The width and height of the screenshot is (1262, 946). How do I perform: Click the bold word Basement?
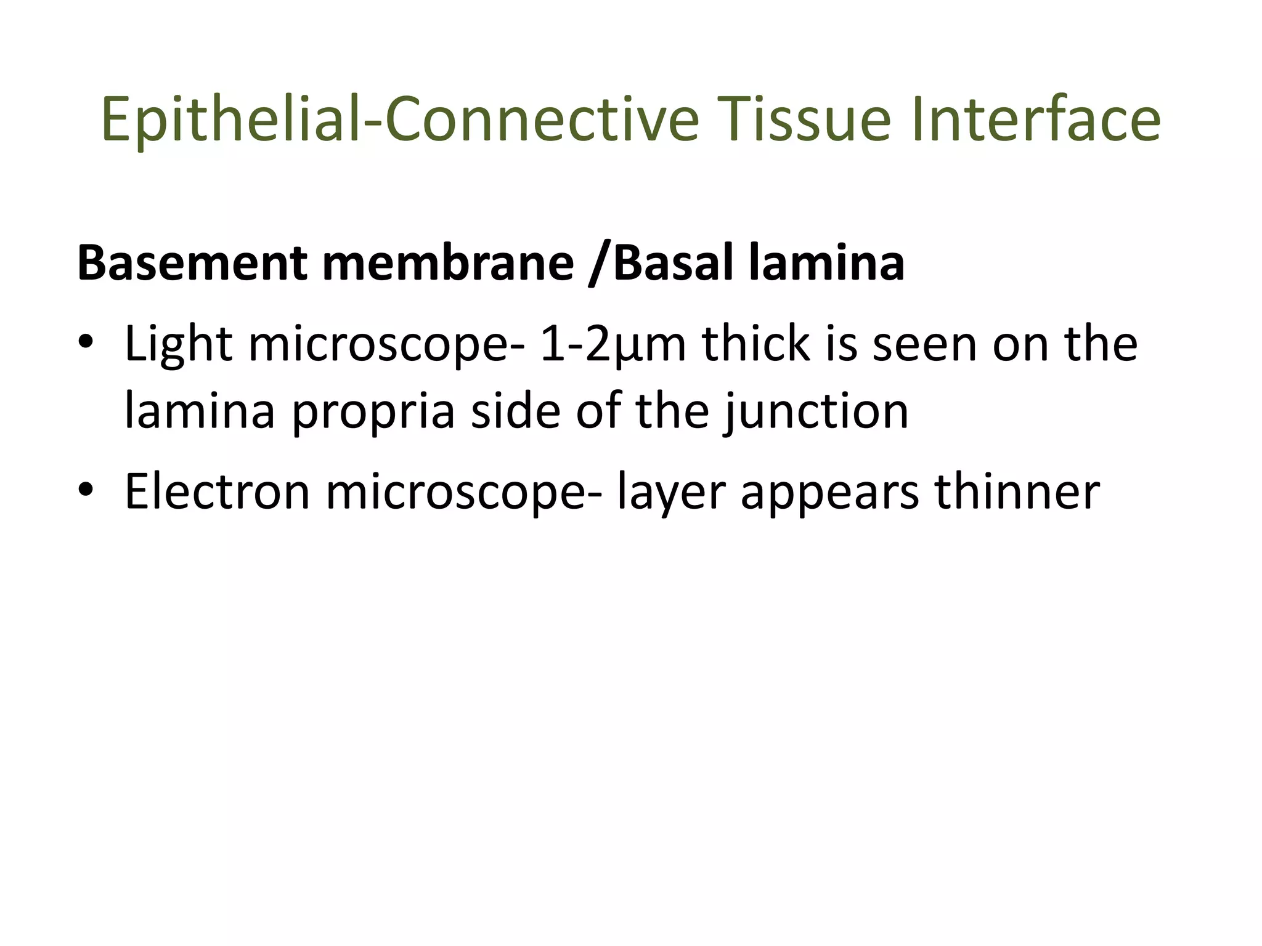pyautogui.click(x=192, y=264)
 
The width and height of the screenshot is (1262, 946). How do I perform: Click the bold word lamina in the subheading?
pyautogui.click(x=827, y=264)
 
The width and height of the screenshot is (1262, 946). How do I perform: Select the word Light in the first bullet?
pyautogui.click(x=178, y=344)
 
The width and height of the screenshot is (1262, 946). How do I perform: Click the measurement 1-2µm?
pyautogui.click(x=613, y=344)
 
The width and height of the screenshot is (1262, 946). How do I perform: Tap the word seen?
pyautogui.click(x=925, y=344)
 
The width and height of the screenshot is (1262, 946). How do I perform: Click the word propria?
pyautogui.click(x=373, y=411)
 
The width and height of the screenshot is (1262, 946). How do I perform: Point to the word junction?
pyautogui.click(x=816, y=411)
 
